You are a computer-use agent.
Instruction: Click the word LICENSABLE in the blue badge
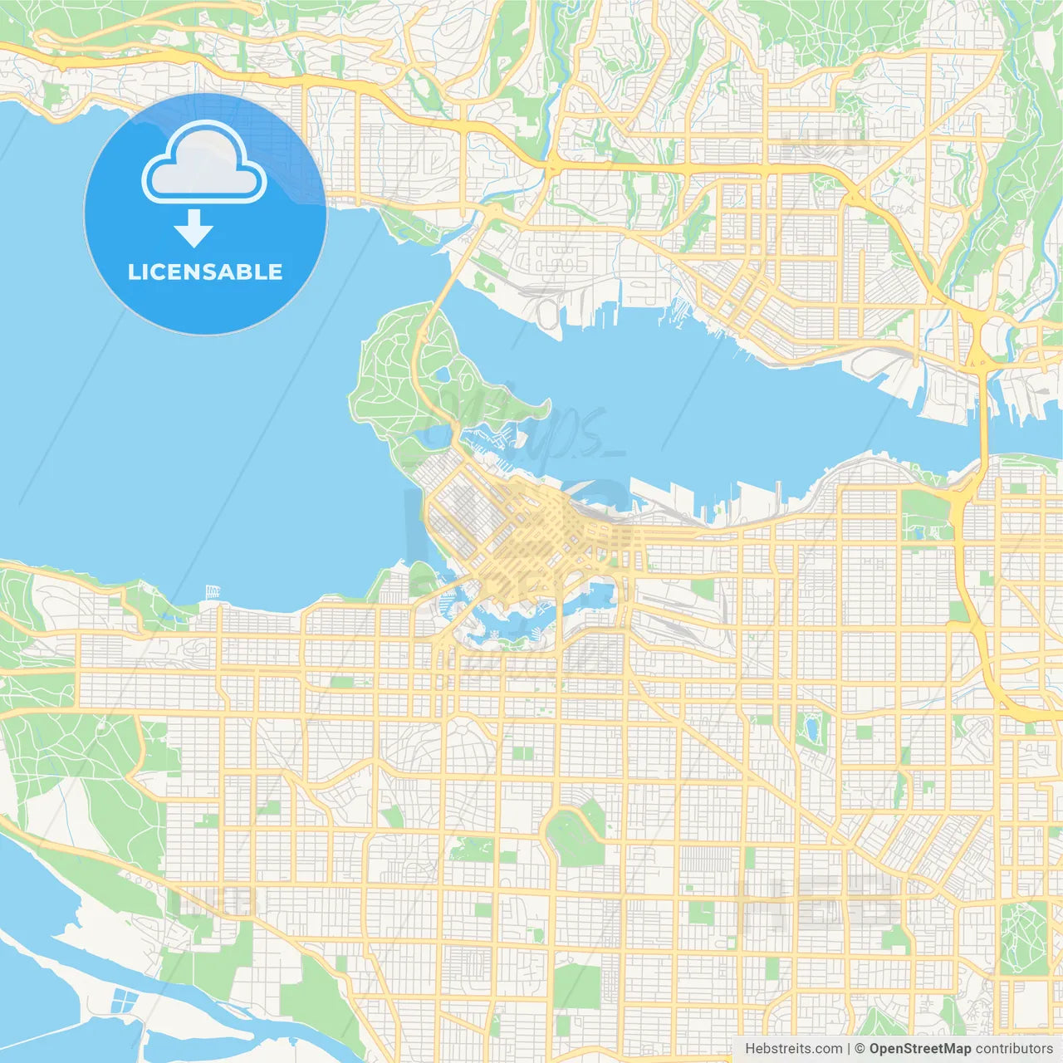coord(205,272)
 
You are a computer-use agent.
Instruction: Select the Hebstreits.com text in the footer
coord(793,1049)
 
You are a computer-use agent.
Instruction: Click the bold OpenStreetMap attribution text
coord(919,1049)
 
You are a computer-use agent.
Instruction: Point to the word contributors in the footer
coord(1014,1049)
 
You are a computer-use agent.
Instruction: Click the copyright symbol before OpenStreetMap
coord(860,1049)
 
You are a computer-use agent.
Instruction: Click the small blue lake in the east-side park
coord(811,727)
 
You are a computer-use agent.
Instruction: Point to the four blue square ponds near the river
coord(123,999)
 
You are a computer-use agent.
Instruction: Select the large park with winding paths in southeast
coord(1023,938)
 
